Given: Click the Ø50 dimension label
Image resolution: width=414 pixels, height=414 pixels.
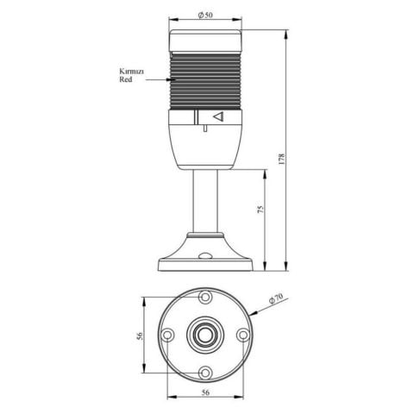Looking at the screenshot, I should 205,16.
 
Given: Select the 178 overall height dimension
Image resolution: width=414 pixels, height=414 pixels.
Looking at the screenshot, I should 281,159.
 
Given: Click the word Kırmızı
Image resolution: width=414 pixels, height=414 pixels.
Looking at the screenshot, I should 131,72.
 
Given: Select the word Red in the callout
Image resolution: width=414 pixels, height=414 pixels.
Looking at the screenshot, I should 126,79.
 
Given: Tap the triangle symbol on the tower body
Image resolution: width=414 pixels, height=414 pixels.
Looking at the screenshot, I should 216,116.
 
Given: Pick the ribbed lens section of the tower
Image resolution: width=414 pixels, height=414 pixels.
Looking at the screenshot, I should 205,78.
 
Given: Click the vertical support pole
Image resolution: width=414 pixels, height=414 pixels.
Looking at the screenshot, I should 205,203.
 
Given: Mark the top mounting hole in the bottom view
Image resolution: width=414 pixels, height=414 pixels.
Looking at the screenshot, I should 205,298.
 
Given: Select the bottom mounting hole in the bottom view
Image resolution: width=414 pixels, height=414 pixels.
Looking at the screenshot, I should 205,373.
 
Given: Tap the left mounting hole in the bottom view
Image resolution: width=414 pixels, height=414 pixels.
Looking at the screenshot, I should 167,335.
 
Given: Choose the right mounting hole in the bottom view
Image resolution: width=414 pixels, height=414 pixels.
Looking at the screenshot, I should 242,335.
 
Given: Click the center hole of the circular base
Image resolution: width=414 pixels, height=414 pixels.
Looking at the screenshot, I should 205,335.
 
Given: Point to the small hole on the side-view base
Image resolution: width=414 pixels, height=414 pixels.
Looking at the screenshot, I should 205,256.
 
